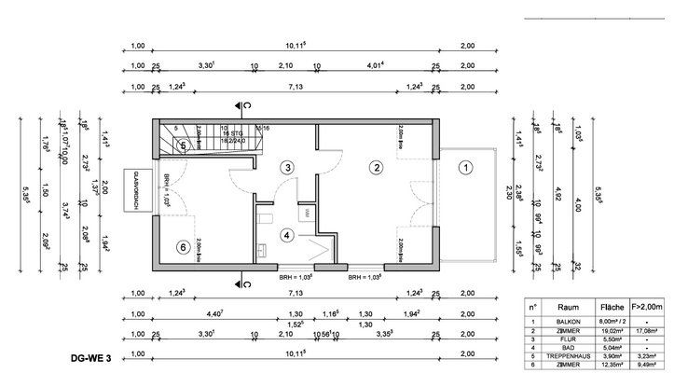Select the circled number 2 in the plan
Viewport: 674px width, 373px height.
(x=377, y=169)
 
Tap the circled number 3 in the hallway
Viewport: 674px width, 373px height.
(x=288, y=166)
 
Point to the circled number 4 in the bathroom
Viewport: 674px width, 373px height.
(x=287, y=235)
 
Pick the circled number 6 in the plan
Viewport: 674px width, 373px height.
(x=183, y=247)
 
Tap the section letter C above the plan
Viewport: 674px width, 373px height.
(x=248, y=105)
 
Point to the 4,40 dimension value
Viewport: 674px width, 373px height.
(x=214, y=312)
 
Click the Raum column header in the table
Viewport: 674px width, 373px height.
(x=568, y=306)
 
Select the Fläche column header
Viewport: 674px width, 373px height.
(x=612, y=306)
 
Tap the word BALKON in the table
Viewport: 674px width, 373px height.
(x=568, y=320)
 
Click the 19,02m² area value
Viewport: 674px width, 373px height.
(x=612, y=329)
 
